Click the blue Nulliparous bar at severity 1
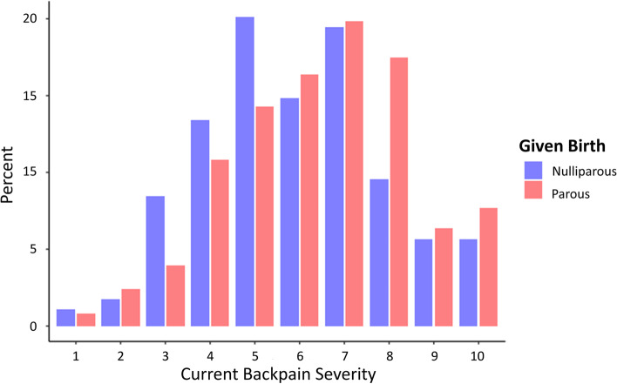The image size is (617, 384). tap(65, 318)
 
